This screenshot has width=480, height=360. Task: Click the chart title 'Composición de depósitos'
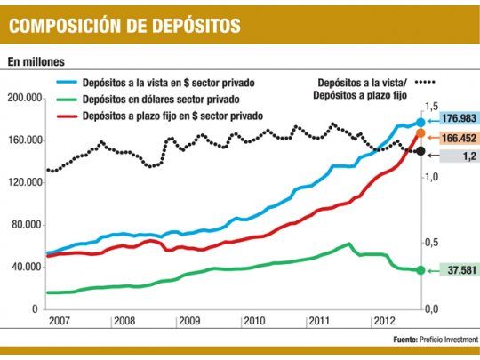pos(124,25)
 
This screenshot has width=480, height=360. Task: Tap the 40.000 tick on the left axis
pos(28,268)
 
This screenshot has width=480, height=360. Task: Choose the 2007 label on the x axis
pos(60,320)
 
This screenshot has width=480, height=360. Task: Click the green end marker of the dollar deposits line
pos(420,270)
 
